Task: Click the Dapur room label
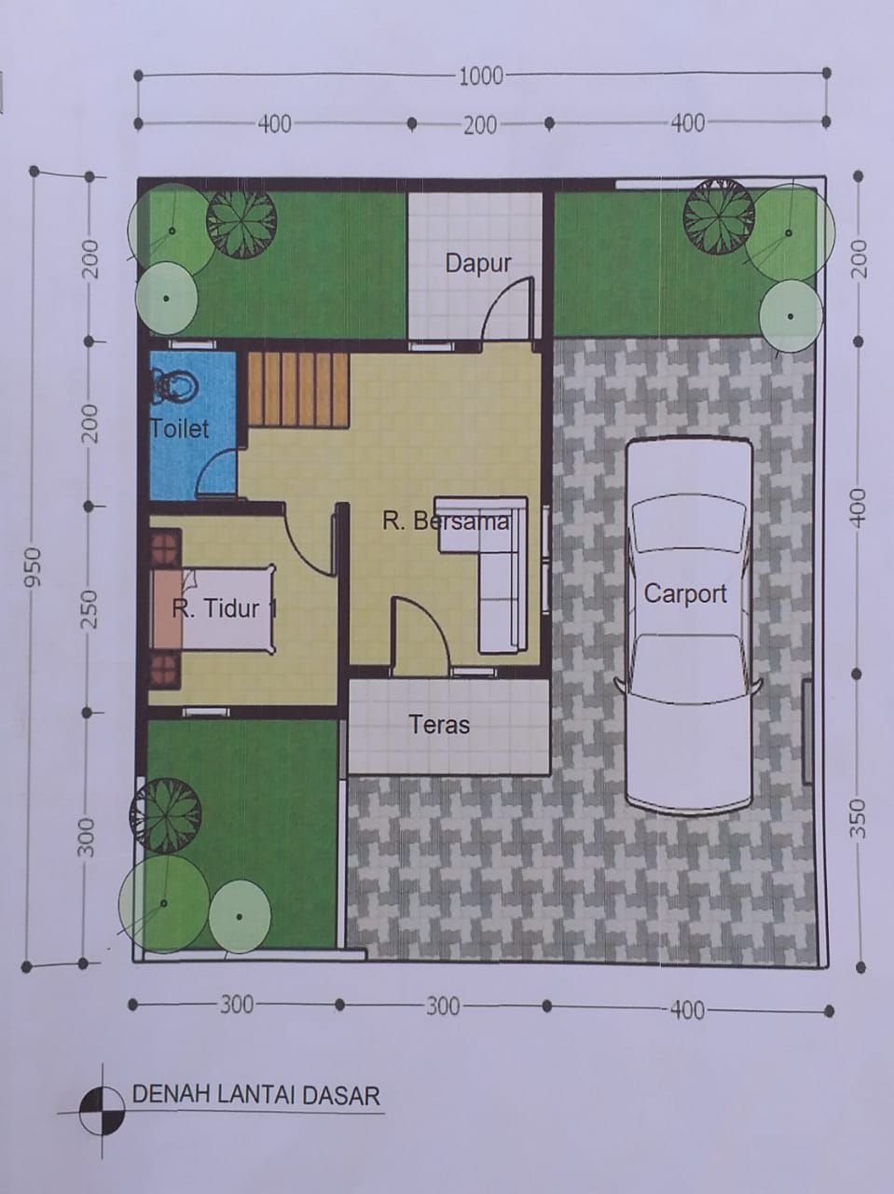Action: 477,264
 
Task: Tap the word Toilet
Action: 179,429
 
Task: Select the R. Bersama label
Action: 446,521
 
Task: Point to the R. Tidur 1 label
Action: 224,608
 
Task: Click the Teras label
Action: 439,725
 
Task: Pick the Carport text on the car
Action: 685,593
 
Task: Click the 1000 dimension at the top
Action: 481,76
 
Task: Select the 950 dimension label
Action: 33,567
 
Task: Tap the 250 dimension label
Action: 89,609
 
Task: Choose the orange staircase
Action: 297,390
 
